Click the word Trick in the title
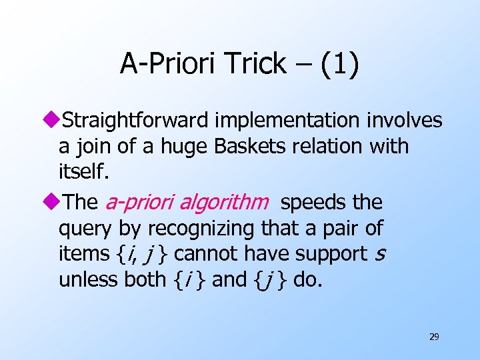coord(255,65)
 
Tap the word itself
coord(81,172)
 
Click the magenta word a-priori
coord(137,202)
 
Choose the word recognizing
coord(203,229)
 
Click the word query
coord(86,229)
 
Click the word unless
coord(89,279)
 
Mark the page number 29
coord(433,337)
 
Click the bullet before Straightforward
coord(55,121)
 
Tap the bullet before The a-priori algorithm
coord(55,203)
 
